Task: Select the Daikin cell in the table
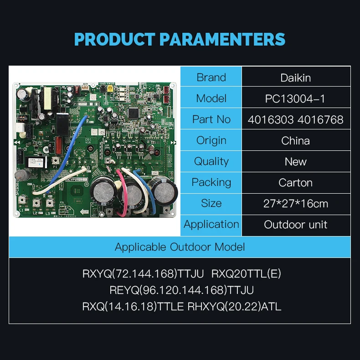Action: coord(296,77)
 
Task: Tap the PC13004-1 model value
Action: coord(296,98)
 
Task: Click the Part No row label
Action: coord(211,119)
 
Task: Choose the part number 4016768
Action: coord(321,119)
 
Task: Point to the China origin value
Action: coord(296,140)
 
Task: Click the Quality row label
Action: coord(211,161)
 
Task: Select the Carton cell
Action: coord(296,183)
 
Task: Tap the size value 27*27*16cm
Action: coord(296,204)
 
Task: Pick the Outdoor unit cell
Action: coord(296,225)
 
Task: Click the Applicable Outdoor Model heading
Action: coord(180,247)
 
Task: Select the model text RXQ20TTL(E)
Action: coord(247,274)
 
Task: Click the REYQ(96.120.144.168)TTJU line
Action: coord(181,290)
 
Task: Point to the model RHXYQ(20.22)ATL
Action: coord(235,306)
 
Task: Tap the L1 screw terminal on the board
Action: coord(21,204)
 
